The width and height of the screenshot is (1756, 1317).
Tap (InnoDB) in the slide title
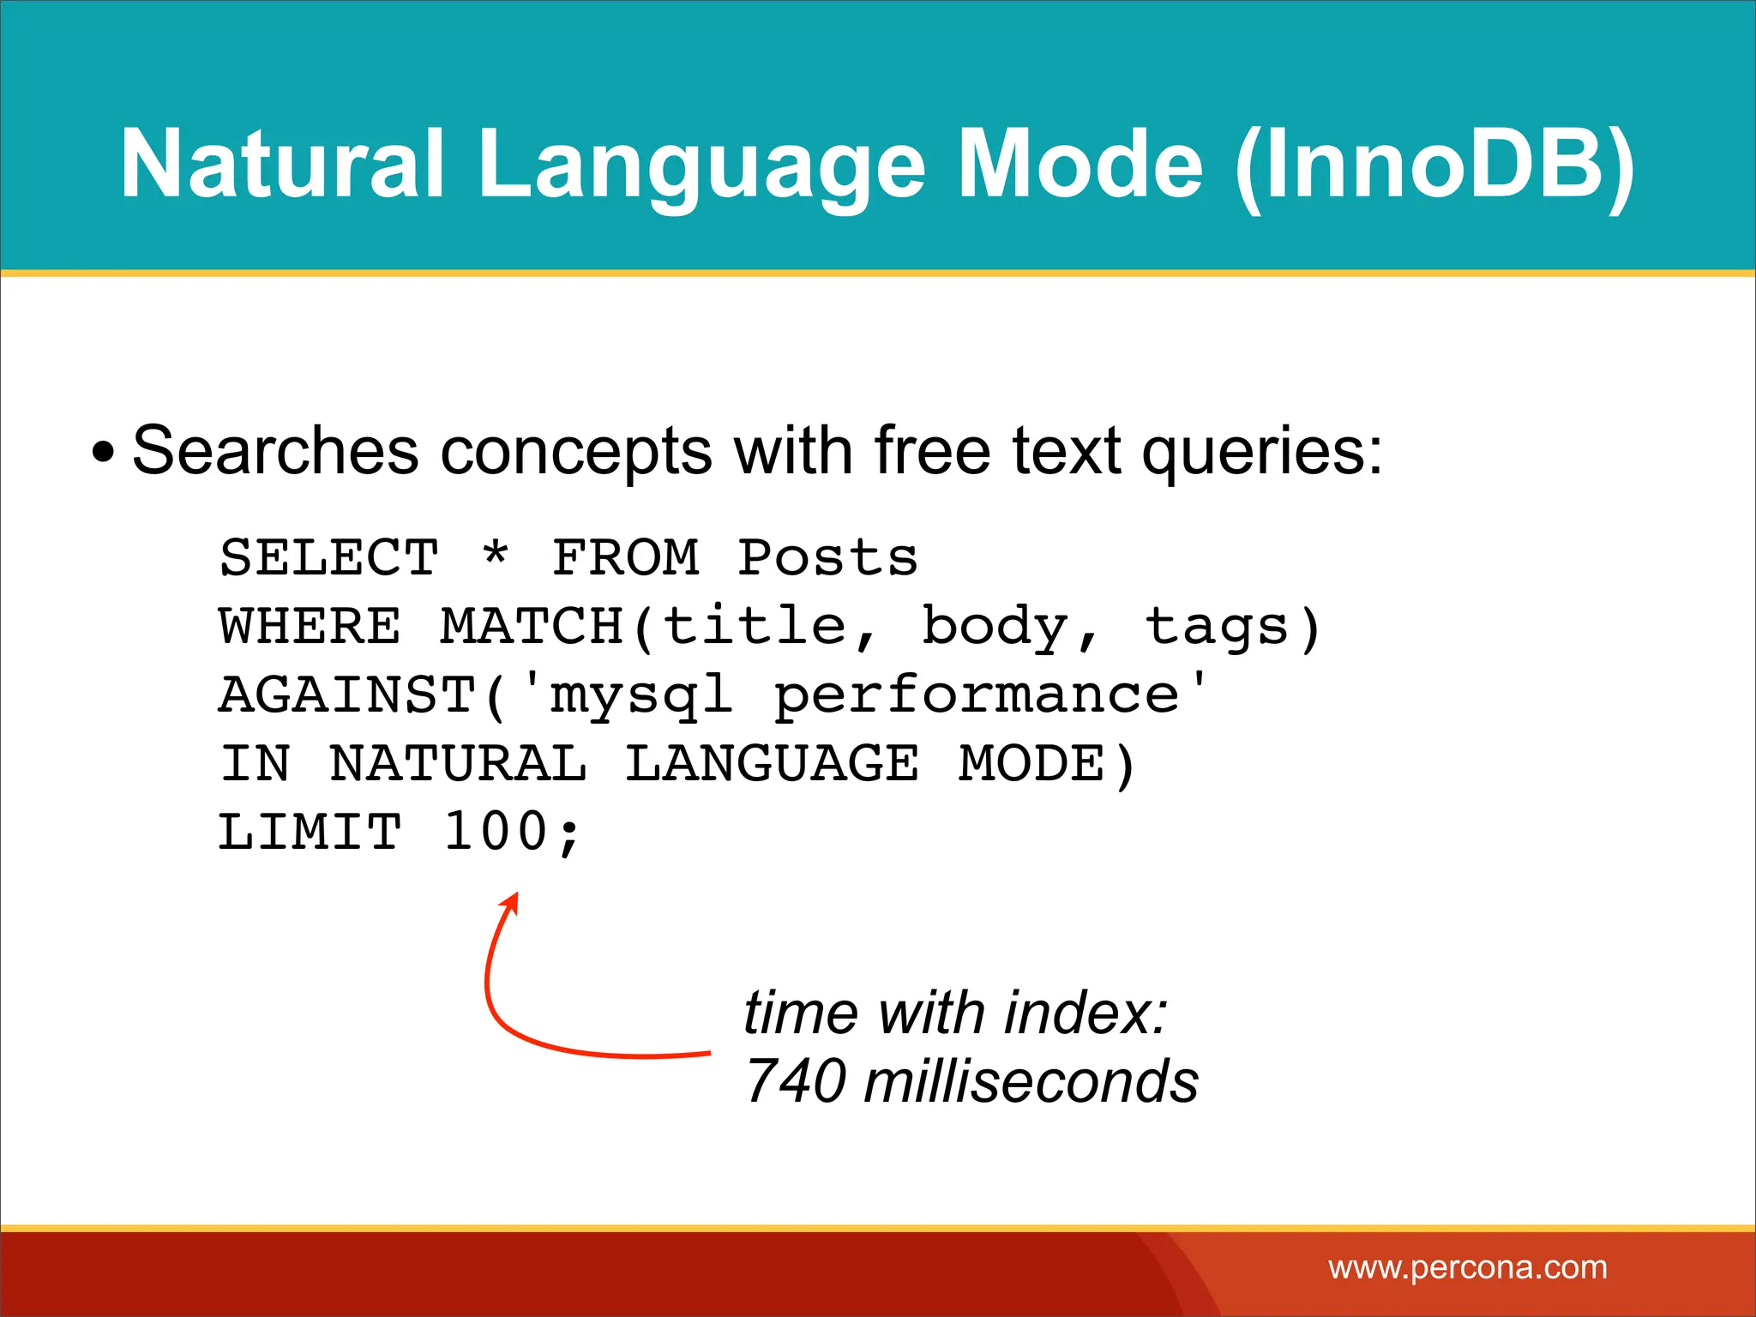(1434, 165)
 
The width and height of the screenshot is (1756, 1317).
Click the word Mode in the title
(1080, 163)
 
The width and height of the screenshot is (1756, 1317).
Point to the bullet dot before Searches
(103, 453)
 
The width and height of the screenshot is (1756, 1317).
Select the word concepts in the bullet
(575, 453)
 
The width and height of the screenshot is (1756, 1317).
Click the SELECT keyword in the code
(329, 558)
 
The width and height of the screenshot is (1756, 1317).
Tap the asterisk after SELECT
(496, 555)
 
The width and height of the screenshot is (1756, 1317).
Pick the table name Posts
(827, 558)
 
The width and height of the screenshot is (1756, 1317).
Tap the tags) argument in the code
(1233, 627)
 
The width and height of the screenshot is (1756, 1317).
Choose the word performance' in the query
(990, 695)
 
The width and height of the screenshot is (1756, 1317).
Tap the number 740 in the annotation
(796, 1081)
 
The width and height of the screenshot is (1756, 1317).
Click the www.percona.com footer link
(1467, 1267)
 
